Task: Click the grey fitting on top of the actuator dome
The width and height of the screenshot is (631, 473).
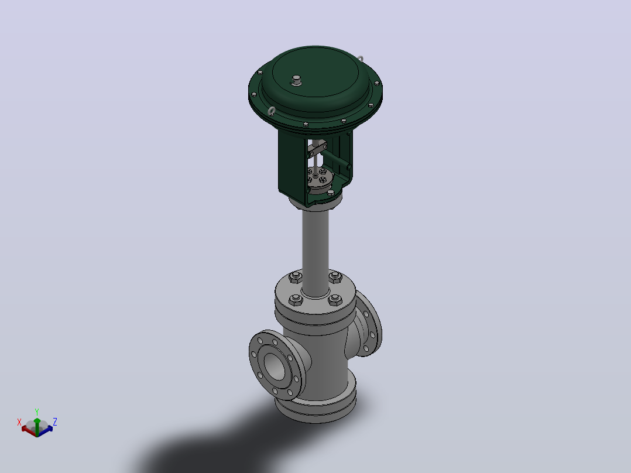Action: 296,80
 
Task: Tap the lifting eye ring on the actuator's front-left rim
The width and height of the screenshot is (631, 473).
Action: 272,111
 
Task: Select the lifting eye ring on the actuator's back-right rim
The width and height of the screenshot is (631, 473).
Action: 360,60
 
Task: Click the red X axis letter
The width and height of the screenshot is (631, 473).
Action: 19,422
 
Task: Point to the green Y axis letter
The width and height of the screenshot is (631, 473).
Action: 37,412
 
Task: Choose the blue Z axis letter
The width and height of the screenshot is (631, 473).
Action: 55,422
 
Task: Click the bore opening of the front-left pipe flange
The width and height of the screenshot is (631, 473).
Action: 275,366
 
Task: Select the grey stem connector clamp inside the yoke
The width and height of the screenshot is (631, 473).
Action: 317,150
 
